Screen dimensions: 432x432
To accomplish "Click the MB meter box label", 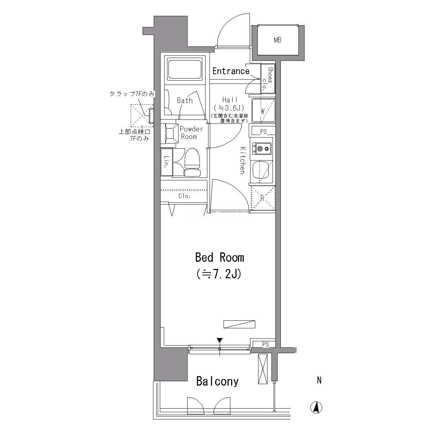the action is point(278,40).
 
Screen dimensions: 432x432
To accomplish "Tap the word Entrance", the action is point(231,71).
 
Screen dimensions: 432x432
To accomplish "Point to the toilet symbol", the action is point(192,162).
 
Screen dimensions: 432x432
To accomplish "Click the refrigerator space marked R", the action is point(263,198).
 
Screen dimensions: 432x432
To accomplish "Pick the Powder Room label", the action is point(191,133).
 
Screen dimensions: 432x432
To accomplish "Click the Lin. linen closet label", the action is point(166,162).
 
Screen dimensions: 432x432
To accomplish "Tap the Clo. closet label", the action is point(185,196).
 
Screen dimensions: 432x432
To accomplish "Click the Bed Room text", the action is point(220,257).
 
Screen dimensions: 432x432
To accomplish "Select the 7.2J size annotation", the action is point(219,274).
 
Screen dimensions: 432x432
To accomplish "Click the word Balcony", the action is point(217,381).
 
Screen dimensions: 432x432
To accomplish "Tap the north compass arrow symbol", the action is point(316,413).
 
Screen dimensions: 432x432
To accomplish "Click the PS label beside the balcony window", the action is point(265,344).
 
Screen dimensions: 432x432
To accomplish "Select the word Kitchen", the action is point(243,160).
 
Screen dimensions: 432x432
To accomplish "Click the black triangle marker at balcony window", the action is point(220,340).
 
